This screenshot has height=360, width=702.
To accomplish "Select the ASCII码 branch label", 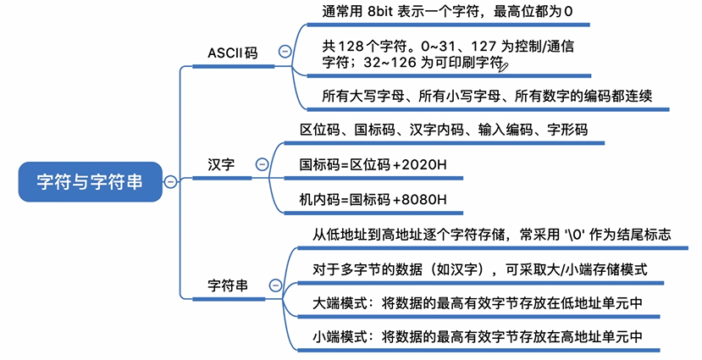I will pos(232,53).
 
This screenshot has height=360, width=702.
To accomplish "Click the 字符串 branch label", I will pos(228,286).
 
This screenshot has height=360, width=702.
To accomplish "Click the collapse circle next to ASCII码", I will pos(285,53).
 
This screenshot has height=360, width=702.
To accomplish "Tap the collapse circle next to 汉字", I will pos(262,164).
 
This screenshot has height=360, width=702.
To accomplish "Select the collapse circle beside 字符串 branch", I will pos(274,286).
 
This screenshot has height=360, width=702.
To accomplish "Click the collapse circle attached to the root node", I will pos(170,180).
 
